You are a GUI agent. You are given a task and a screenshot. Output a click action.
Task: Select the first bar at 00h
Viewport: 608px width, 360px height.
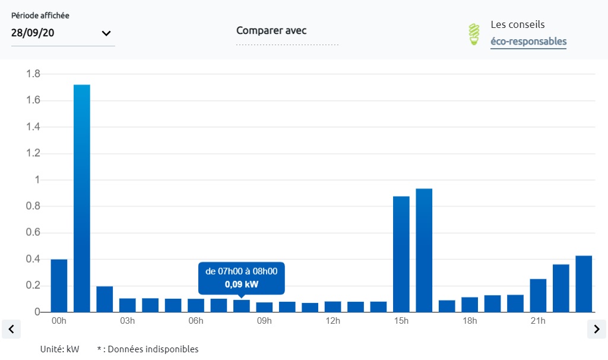pos(59,286)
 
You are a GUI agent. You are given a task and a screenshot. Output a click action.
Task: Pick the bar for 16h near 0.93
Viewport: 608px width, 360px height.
pos(424,250)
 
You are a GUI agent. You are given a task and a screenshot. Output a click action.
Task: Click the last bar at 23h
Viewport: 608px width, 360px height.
pos(584,283)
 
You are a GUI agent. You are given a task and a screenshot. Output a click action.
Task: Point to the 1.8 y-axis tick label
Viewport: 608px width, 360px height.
pos(33,74)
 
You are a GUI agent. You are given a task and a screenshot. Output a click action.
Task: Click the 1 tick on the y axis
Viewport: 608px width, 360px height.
pos(37,180)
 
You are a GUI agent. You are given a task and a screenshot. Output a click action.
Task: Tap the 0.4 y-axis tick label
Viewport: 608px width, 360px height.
pos(33,259)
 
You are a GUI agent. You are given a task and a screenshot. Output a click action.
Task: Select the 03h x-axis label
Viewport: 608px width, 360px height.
pos(127,321)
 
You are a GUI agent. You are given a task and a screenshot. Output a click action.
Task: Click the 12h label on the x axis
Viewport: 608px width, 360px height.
pos(332,321)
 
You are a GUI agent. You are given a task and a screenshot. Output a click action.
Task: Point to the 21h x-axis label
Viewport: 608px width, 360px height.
pos(538,321)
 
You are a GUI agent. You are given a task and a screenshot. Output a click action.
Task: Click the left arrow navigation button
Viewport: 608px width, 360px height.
pos(11,329)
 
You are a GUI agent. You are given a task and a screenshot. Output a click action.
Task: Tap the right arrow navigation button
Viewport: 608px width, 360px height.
pos(596,329)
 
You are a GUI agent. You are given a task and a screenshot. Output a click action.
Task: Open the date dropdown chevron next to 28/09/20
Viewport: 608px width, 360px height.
pos(106,33)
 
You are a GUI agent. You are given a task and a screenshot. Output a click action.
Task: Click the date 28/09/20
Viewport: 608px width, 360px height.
pos(33,33)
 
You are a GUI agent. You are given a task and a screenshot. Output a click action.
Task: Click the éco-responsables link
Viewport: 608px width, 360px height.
pos(528,42)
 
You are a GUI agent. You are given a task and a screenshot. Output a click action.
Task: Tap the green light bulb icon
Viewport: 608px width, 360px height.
pos(474,34)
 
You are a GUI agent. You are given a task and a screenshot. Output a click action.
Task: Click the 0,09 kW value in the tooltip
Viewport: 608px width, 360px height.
pos(241,285)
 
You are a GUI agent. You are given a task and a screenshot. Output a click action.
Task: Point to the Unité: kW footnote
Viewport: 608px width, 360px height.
pos(59,349)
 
